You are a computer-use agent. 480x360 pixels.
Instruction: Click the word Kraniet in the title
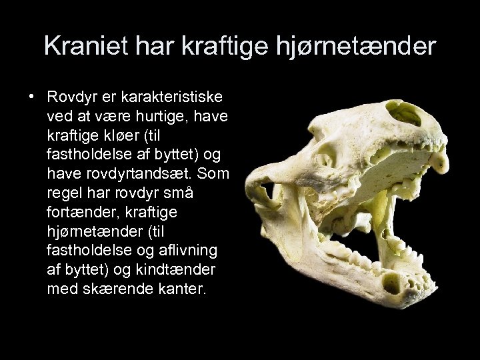[x=81, y=46]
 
